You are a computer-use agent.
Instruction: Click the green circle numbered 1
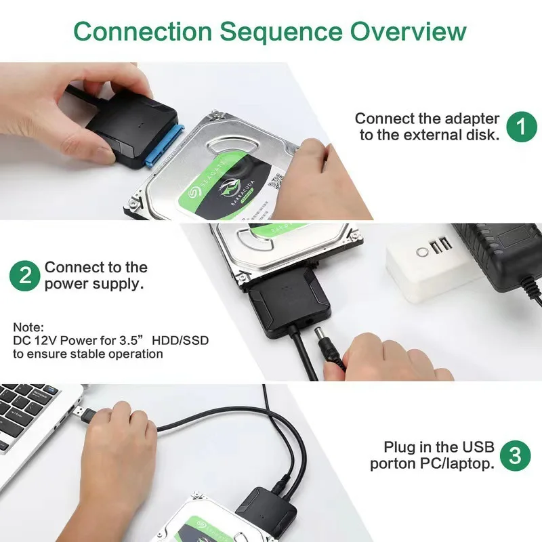coord(521,126)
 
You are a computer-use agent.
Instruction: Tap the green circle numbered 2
coord(25,276)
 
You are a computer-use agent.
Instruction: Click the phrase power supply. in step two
coord(94,284)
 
